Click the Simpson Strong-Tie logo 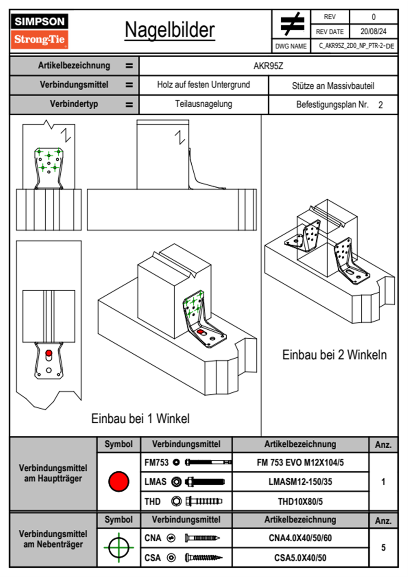39,31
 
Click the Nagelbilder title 170,30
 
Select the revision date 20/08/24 373,32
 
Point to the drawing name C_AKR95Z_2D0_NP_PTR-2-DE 356,46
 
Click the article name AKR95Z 268,66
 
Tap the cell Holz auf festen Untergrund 203,85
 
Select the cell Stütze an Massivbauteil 333,86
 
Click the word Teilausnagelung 203,104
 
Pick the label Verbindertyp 74,104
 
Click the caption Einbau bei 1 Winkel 140,419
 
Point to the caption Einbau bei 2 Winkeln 334,355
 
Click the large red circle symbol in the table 119,481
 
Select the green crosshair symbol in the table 119,547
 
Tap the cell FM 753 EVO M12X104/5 300,462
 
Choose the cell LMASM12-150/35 300,482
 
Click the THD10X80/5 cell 300,502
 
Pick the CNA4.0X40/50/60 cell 300,538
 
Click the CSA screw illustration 203,557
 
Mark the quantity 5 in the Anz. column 383,547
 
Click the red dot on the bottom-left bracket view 49,353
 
